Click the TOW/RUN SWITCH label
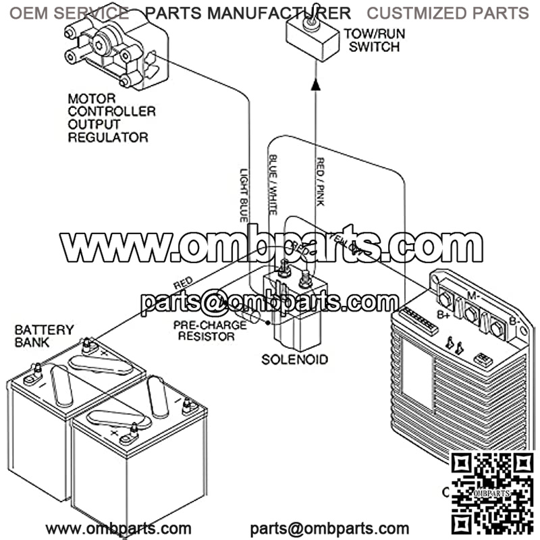371,40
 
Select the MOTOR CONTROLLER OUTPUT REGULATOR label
111,118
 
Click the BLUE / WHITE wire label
273,185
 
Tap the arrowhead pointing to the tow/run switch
315,84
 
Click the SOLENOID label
294,359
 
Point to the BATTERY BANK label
44,336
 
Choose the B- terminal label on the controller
514,321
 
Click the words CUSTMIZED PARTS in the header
448,13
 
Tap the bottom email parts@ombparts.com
329,528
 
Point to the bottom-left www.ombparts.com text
118,528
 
